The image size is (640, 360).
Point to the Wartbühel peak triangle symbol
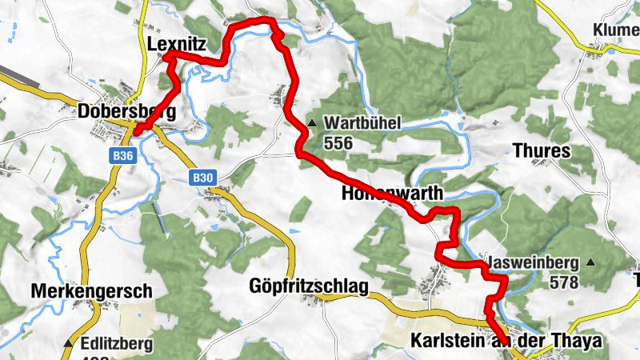coord(312,123)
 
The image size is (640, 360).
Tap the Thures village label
coord(541,151)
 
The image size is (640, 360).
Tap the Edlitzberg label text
coord(119,345)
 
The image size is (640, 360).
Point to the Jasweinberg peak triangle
coord(590,262)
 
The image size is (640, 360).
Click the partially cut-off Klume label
coord(616,30)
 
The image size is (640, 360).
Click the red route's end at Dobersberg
coord(135,132)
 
